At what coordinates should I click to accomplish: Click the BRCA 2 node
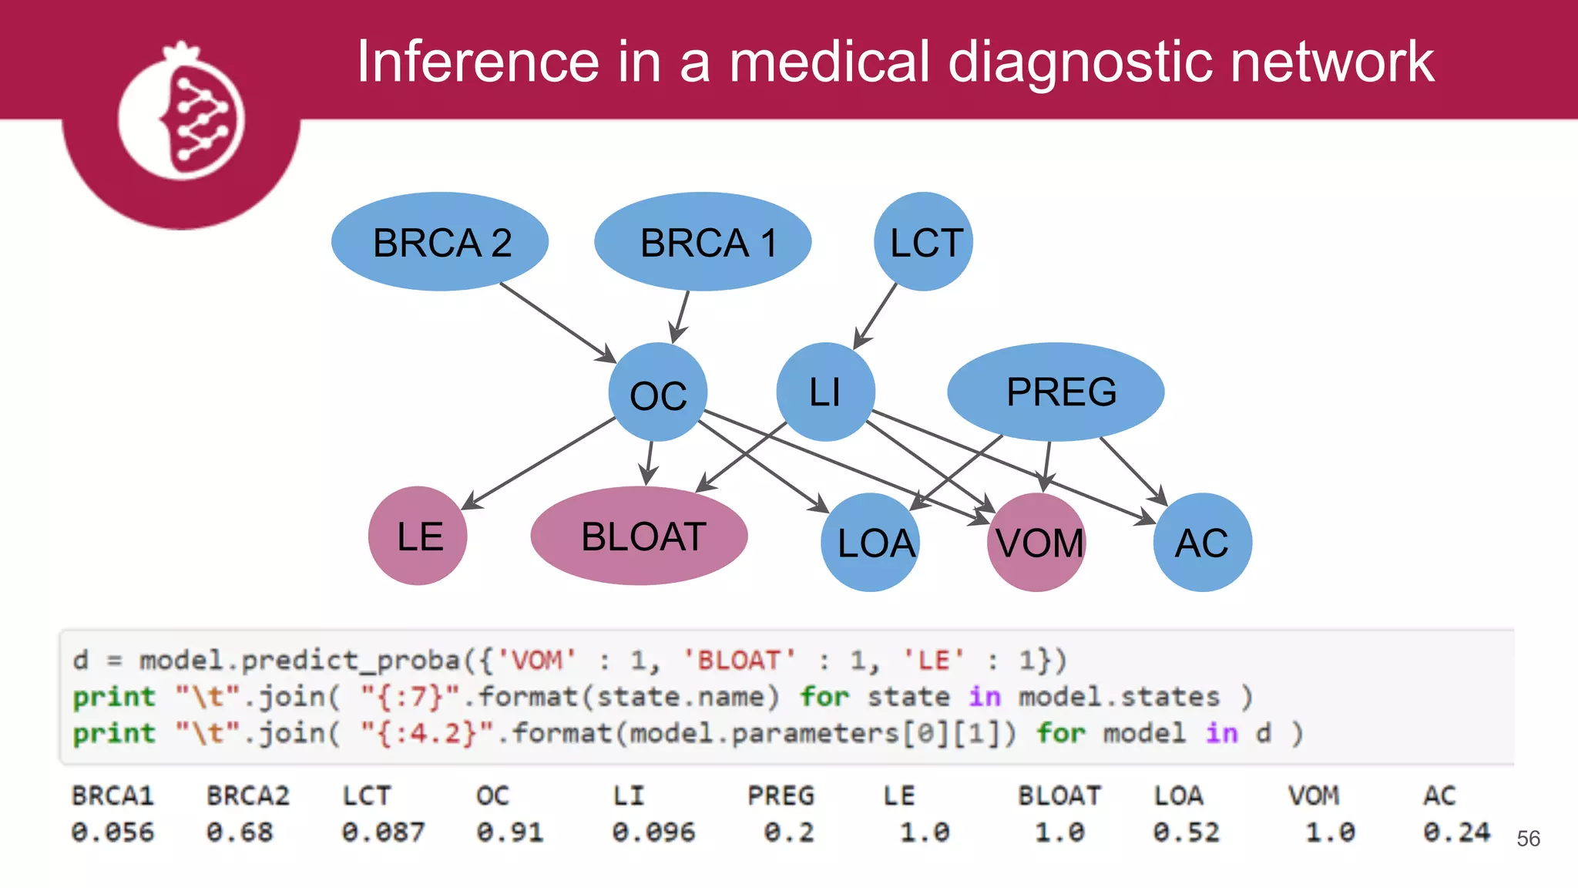[x=440, y=242]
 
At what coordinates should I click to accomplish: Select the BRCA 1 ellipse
[x=703, y=242]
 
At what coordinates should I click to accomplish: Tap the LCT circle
[x=923, y=242]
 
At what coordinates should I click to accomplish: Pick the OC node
[x=657, y=392]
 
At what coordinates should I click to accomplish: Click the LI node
[x=825, y=392]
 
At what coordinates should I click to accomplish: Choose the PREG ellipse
[x=1056, y=392]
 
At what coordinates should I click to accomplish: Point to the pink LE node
[x=418, y=536]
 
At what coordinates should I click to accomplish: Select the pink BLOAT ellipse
[x=639, y=536]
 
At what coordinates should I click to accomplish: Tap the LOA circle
[x=871, y=543]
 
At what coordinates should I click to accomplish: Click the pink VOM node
[x=1036, y=543]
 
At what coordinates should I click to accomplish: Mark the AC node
[x=1202, y=543]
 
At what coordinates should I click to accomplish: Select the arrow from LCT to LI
[x=877, y=315]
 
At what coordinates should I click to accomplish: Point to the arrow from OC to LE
[x=539, y=462]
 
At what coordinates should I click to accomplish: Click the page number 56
[x=1528, y=839]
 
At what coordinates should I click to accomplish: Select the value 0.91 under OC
[x=510, y=832]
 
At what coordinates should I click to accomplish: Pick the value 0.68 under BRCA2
[x=240, y=832]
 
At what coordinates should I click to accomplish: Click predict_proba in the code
[x=351, y=661]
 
